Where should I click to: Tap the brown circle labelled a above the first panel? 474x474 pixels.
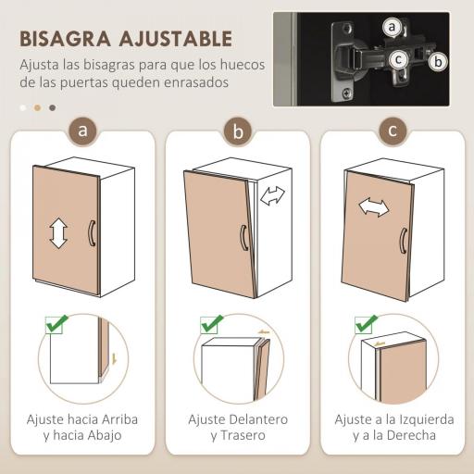click(84, 131)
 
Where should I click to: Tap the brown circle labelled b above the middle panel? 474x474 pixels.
click(238, 131)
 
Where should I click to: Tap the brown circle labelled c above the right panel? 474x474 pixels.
click(393, 131)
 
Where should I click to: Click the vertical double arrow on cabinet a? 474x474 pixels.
click(58, 232)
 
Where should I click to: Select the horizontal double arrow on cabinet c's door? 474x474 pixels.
click(373, 206)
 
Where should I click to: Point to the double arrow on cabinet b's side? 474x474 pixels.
click(272, 196)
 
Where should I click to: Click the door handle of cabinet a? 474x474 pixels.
click(91, 232)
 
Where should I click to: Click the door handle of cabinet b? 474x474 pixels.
click(243, 238)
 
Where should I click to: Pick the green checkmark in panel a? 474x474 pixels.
click(56, 325)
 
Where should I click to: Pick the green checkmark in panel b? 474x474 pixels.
click(212, 325)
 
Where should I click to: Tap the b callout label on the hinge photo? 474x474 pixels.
click(439, 61)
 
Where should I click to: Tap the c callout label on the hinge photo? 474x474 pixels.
click(398, 60)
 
